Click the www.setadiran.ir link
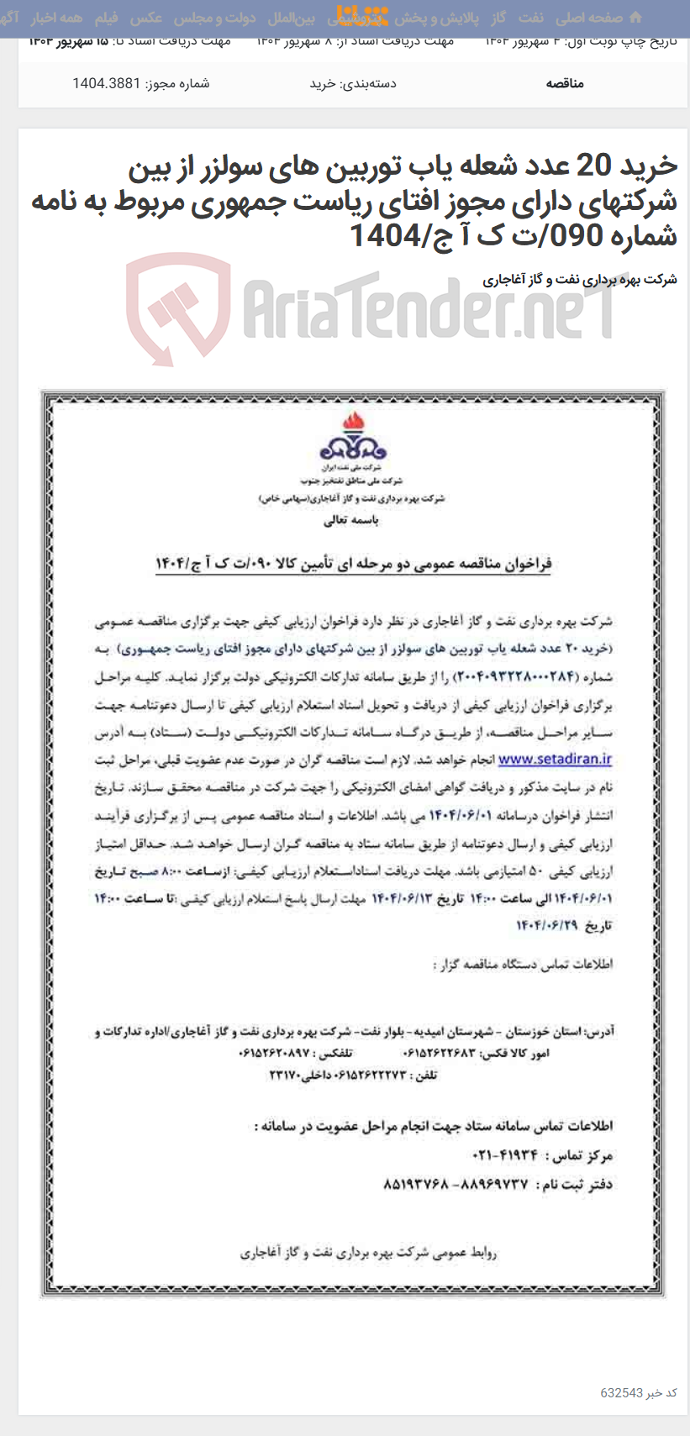pyautogui.click(x=555, y=760)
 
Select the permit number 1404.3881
pyautogui.click(x=106, y=83)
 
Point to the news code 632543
pyautogui.click(x=621, y=1392)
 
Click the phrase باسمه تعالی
pyautogui.click(x=351, y=520)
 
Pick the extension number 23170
pyautogui.click(x=289, y=1075)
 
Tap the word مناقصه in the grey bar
pyautogui.click(x=565, y=83)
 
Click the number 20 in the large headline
pyautogui.click(x=593, y=167)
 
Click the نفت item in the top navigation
pyautogui.click(x=530, y=18)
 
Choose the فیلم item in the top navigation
pyautogui.click(x=107, y=18)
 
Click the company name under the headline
pyautogui.click(x=580, y=280)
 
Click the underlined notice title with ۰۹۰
pyautogui.click(x=353, y=563)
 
